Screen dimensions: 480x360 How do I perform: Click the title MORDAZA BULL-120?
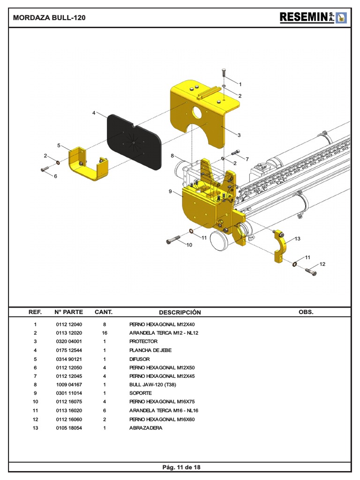point(49,18)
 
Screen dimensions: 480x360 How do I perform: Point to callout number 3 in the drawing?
point(239,135)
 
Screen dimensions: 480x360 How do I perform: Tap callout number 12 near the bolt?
point(322,264)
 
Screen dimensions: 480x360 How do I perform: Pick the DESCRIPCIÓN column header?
point(180,312)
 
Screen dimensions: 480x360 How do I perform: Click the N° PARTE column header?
point(68,312)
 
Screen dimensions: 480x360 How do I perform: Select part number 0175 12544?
point(68,350)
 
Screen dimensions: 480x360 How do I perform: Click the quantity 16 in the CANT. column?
point(104,333)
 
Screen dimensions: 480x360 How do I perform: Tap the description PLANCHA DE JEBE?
point(150,350)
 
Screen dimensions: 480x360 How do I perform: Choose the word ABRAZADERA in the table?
point(146,428)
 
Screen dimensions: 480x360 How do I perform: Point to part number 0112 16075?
point(68,402)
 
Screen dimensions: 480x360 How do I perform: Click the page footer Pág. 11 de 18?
point(181,467)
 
